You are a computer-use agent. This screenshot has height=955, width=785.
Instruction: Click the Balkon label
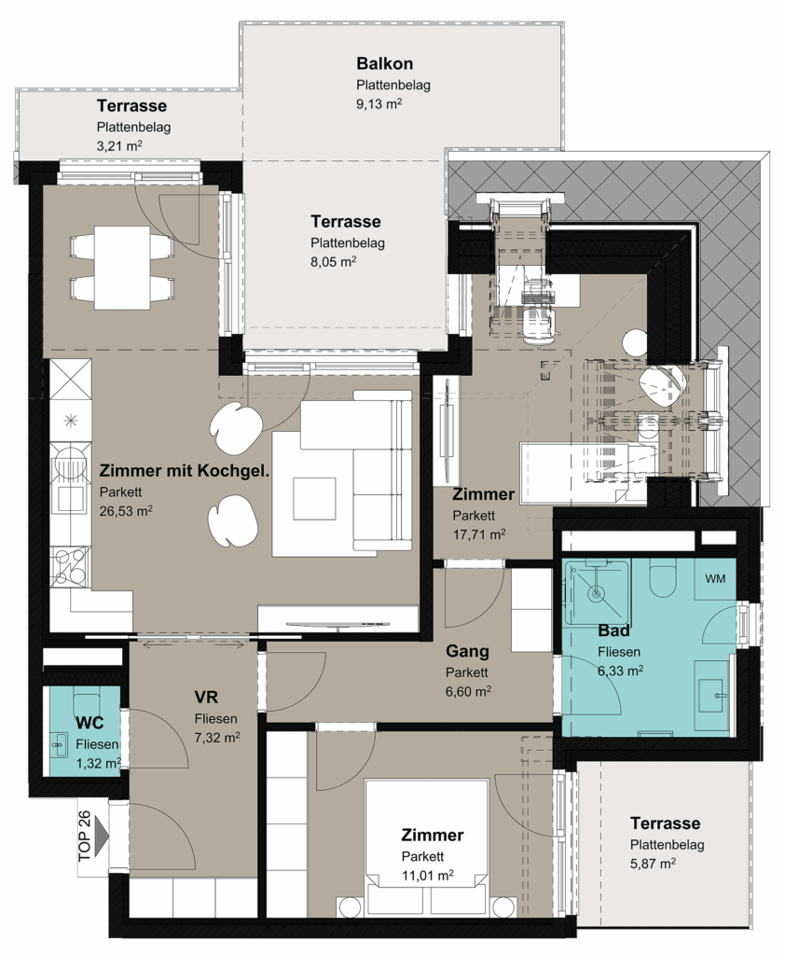click(x=385, y=63)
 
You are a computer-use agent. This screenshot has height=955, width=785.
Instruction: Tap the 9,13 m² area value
click(x=379, y=104)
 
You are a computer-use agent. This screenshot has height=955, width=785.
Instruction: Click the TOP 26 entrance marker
click(x=91, y=835)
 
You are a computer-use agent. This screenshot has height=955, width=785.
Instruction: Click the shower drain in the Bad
click(x=597, y=591)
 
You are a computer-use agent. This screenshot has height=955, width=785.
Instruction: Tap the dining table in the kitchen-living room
click(x=122, y=267)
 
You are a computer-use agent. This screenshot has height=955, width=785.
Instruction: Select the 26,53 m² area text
click(x=126, y=510)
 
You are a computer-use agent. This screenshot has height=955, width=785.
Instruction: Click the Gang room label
click(x=467, y=651)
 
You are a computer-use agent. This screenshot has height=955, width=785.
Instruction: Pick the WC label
click(x=90, y=723)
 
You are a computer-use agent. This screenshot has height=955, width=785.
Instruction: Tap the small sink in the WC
click(x=60, y=743)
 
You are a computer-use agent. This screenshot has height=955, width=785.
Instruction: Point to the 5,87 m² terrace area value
click(x=653, y=863)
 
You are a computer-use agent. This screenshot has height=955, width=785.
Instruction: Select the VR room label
click(x=206, y=697)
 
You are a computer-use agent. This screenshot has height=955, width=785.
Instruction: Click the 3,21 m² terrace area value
click(x=119, y=145)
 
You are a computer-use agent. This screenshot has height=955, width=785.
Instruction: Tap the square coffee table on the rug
click(x=314, y=497)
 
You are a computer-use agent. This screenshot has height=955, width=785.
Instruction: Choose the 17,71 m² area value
click(x=478, y=534)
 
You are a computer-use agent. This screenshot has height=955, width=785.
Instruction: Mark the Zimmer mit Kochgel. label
click(x=184, y=471)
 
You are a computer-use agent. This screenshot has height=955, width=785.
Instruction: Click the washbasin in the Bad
click(x=715, y=693)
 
